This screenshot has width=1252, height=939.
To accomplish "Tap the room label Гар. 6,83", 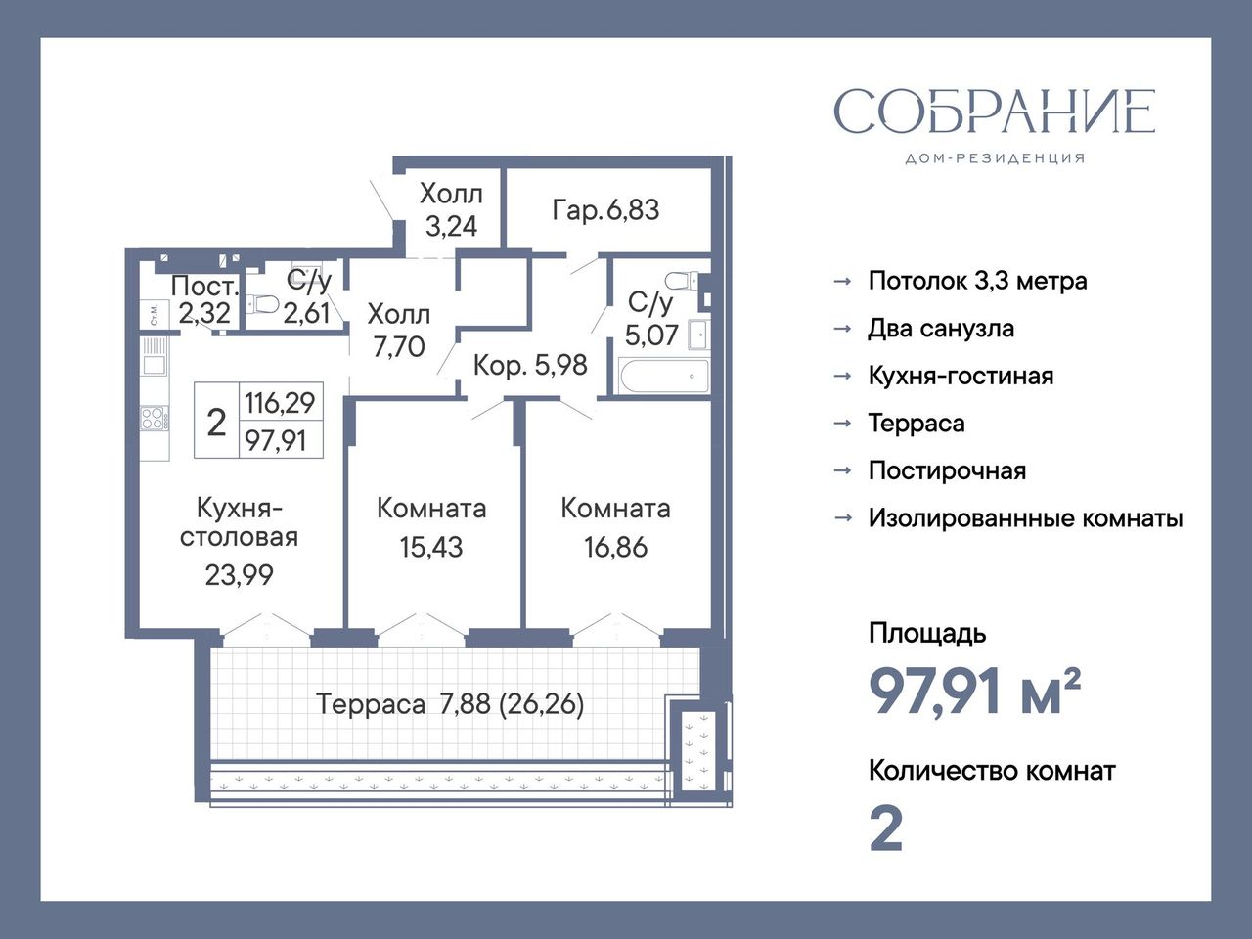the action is point(605,209).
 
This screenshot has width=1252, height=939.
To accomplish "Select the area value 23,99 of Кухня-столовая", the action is point(239,575).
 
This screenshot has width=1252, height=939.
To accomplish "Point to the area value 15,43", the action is point(430,547).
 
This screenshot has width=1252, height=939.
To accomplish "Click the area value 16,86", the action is point(615,547).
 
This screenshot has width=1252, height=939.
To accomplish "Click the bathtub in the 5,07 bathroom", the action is point(664,377).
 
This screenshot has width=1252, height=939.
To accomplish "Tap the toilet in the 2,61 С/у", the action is point(262,304).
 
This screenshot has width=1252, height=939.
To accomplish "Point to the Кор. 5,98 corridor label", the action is point(530,365).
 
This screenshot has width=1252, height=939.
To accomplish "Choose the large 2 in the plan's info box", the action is point(217,423).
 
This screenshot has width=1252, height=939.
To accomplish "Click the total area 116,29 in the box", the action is point(280,403).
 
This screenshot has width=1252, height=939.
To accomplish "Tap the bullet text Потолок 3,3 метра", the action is point(978,281).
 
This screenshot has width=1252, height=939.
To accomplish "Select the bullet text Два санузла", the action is point(941,329).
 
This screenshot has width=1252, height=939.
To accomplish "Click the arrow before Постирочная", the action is point(843,470).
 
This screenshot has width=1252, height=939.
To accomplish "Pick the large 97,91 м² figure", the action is point(975,692).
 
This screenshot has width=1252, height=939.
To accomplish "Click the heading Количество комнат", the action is point(992,772).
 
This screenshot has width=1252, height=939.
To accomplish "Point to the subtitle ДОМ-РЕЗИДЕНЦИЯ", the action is point(995,158).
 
